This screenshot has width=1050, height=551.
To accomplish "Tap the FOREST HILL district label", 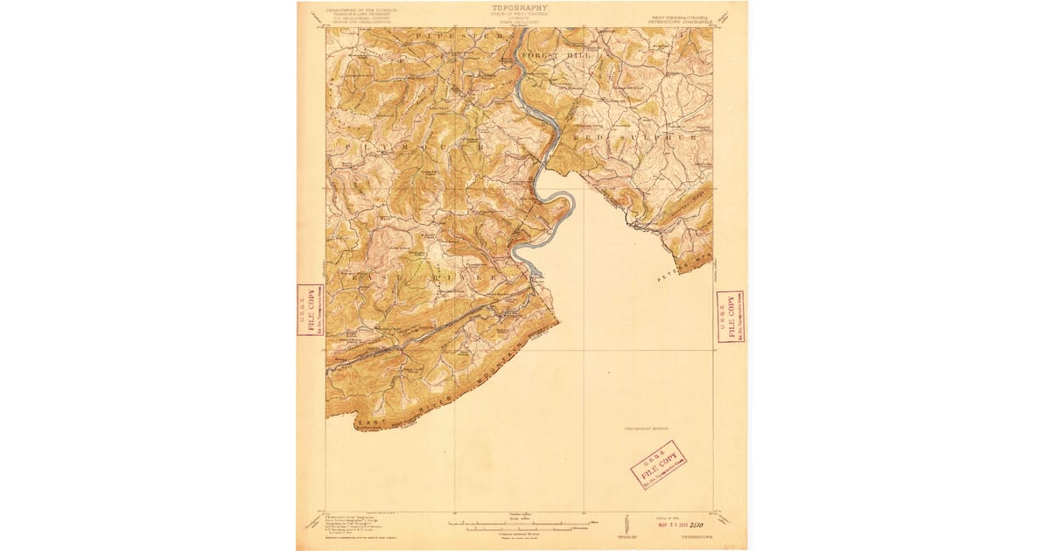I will (x=556, y=55).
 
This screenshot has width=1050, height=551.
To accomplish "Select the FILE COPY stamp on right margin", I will (x=730, y=316).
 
